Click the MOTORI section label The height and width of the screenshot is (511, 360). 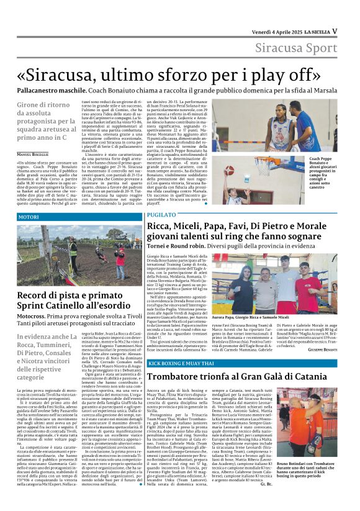coord(29,217)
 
